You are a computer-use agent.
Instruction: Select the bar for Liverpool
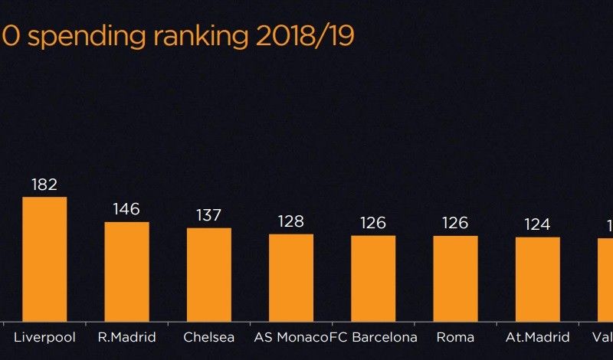coord(44,259)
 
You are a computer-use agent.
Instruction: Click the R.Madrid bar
coord(126,271)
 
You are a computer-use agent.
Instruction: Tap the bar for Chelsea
coord(209,274)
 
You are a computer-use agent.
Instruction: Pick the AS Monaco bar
coord(291,277)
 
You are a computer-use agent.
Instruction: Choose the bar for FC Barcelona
coord(373,278)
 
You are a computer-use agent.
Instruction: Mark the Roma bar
coord(455,278)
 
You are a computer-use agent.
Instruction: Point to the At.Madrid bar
coord(537,279)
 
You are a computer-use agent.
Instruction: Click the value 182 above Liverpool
coord(44,185)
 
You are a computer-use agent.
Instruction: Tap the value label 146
coord(126,209)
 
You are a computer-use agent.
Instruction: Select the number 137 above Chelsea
coord(209,215)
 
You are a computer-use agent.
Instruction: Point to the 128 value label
coord(291,221)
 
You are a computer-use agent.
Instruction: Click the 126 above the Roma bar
coord(455,223)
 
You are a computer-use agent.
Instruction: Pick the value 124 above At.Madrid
coord(537,224)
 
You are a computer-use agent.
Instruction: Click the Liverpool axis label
coord(44,337)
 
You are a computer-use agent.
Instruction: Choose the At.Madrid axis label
coord(537,337)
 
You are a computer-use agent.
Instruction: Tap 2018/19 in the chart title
coord(306,35)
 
